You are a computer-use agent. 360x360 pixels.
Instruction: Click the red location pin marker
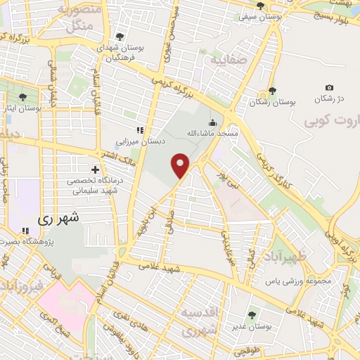pyautogui.click(x=181, y=165)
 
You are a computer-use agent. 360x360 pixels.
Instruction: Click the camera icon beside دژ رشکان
pyautogui.click(x=329, y=87)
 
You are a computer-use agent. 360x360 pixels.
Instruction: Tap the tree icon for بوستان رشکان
pyautogui.click(x=272, y=91)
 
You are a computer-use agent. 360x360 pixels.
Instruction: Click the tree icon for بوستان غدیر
pyautogui.click(x=252, y=315)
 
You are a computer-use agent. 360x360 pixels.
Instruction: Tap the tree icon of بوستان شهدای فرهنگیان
pyautogui.click(x=120, y=37)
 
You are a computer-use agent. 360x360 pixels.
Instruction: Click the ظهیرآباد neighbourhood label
pyautogui.click(x=282, y=256)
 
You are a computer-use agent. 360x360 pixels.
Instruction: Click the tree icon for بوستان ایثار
pyautogui.click(x=25, y=98)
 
